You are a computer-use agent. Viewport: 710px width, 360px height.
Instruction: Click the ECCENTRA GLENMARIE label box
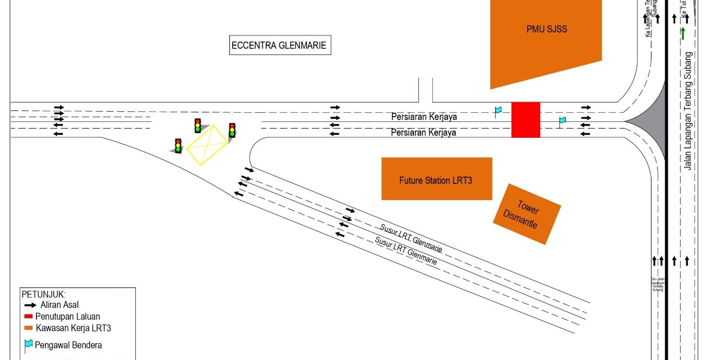pos(280,46)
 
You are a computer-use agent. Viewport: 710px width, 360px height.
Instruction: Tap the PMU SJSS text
pos(546,29)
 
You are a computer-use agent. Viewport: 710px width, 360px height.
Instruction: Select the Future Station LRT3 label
pos(436,180)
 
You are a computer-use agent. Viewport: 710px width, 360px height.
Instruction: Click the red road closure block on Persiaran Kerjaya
pos(525,120)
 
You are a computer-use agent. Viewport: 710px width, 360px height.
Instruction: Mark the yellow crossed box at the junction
pos(207,144)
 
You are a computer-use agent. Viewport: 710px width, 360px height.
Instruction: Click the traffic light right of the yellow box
pos(232,131)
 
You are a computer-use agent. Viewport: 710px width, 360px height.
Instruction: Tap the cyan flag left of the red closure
pos(498,111)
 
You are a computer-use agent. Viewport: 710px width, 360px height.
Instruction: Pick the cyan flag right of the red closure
pos(562,121)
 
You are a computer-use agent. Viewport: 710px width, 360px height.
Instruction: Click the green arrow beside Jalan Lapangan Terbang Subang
pos(683,33)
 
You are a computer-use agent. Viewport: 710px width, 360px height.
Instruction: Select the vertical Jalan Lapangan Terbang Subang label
pos(689,111)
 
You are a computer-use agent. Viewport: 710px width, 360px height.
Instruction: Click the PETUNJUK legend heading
pos(44,294)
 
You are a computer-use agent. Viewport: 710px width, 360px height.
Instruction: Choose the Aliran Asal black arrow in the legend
pos(30,305)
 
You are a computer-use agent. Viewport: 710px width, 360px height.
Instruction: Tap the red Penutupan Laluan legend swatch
pos(29,316)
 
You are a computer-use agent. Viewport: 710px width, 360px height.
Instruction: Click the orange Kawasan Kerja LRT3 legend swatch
pos(29,328)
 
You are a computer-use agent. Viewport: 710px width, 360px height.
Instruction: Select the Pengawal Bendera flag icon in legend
pos(28,344)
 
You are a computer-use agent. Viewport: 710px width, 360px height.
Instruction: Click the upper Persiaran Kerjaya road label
pos(424,117)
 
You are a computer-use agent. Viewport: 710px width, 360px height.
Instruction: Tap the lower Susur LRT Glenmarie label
pos(406,251)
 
